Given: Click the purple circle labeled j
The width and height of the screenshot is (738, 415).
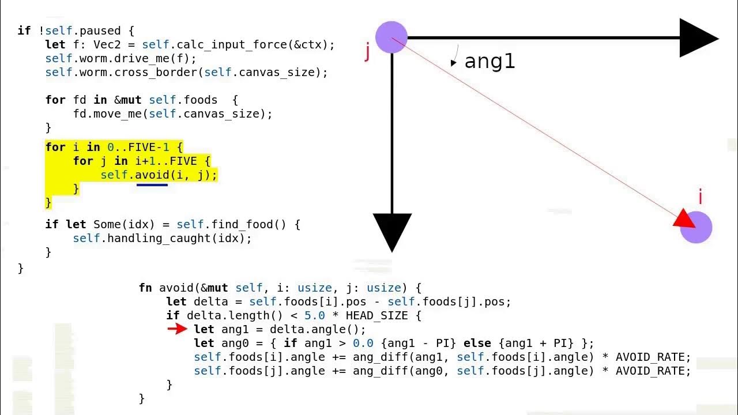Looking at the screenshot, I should [x=391, y=37].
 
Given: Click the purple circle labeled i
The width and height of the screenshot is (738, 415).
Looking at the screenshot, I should [x=696, y=227].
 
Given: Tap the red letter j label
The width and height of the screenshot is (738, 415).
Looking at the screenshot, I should [x=367, y=52].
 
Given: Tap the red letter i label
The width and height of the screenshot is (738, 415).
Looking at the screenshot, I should [x=701, y=197].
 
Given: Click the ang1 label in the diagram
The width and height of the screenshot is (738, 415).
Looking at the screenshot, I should [x=489, y=61].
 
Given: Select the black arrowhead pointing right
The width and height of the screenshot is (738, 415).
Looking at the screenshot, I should [x=698, y=38].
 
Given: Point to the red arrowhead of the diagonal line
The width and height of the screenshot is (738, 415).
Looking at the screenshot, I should [x=685, y=220].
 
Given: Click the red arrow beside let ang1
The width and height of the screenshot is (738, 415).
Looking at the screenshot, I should [x=177, y=329].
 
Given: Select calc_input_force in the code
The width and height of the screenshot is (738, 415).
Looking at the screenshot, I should [x=225, y=44].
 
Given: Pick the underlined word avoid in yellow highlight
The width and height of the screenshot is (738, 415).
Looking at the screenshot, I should [x=152, y=175].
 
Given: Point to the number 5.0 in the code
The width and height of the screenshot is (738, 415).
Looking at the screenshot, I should [x=315, y=315].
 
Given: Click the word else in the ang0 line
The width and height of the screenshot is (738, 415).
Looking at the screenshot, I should [x=477, y=343].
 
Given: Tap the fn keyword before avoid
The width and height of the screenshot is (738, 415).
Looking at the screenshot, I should [x=145, y=288].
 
